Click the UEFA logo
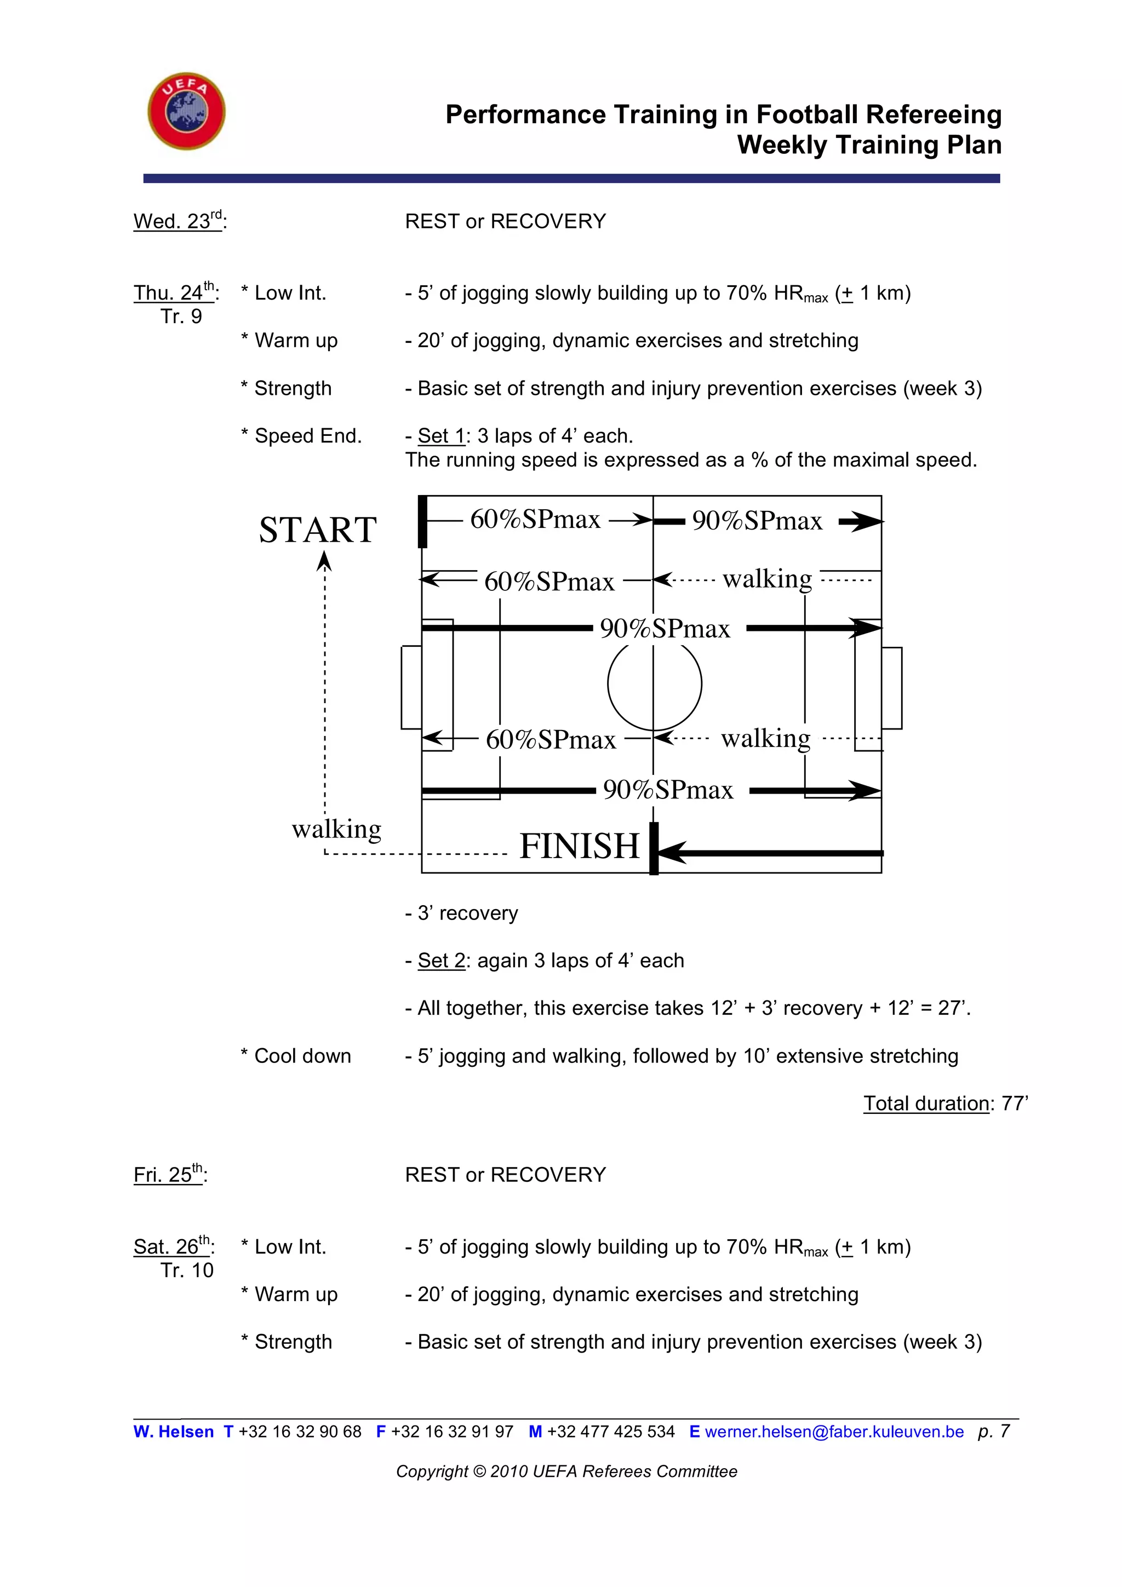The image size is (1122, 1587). [x=186, y=111]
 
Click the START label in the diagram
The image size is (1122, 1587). [x=317, y=530]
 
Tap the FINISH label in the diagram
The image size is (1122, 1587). [x=579, y=846]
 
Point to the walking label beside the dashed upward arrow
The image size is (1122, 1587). [x=337, y=828]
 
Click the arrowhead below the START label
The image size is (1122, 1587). [x=324, y=562]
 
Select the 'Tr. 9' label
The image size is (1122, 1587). [x=181, y=317]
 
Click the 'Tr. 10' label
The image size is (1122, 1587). [x=187, y=1270]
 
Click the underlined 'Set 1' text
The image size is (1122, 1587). [x=441, y=436]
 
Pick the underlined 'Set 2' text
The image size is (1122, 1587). [x=441, y=960]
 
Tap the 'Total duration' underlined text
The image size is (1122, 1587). [x=926, y=1103]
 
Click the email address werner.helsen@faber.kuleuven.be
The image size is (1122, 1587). [x=834, y=1431]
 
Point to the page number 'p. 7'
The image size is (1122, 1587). [x=993, y=1431]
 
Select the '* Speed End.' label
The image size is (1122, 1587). [x=301, y=436]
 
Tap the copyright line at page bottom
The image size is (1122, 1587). [x=566, y=1471]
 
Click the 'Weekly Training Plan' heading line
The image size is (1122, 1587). [x=869, y=145]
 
